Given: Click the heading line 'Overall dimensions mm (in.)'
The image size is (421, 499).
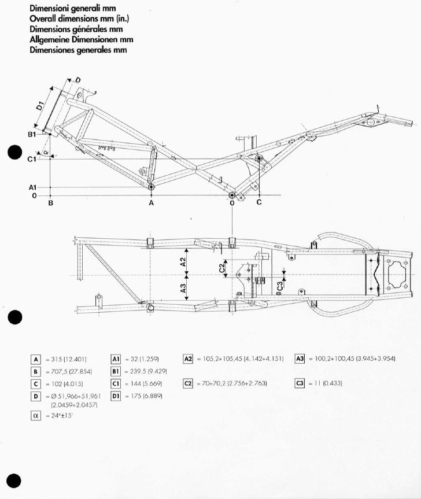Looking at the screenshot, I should click(79, 18).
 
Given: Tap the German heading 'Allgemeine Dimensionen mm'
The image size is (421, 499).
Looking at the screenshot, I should click(81, 39).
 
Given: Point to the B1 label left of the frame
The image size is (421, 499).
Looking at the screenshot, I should click(32, 134).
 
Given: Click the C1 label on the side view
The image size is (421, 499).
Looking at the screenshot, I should click(32, 158).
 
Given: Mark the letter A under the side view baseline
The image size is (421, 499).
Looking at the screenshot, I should click(152, 203).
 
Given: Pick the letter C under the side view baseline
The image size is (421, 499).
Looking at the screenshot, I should click(259, 202).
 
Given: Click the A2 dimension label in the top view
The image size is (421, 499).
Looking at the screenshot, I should click(184, 263).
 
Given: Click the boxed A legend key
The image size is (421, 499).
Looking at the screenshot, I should click(36, 359).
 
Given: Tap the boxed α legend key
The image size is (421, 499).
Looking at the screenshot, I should click(36, 415).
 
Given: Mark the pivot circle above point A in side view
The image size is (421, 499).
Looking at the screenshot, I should click(152, 187).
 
